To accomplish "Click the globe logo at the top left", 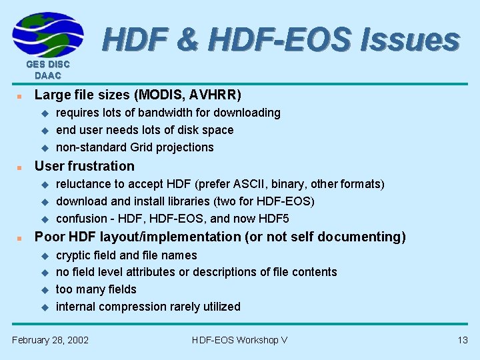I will point(48,35).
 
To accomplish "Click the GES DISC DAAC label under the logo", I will point(48,70).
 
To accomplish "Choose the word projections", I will point(185,147).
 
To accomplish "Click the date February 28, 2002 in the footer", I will point(51,340).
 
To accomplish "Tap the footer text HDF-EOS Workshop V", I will point(239,340).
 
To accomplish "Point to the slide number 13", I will point(463,340).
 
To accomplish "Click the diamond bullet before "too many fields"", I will point(46,290).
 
